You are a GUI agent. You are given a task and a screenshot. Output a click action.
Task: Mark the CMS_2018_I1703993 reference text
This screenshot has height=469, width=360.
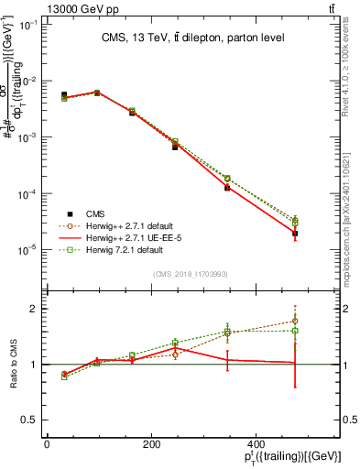pos(190,274)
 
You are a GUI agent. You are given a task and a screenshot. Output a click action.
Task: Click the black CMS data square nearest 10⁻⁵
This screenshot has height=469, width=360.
pos(294,234)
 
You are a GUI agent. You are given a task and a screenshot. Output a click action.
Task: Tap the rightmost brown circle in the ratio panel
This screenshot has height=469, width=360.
pos(294,321)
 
